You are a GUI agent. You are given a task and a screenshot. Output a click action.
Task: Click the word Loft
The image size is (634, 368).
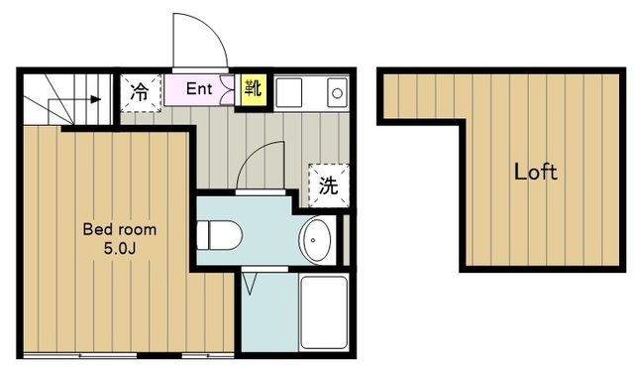coord(535,172)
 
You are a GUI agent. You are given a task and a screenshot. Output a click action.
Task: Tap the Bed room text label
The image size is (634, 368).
coord(119,228)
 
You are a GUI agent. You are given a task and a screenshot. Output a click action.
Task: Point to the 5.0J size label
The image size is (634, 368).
coord(119,247)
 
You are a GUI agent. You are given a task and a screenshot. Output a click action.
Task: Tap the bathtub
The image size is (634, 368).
coord(324,311)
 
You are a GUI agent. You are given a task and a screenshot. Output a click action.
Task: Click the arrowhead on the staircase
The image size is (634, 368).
coord(96,99)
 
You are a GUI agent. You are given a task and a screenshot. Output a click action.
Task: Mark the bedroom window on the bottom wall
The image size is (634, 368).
coord(129,354)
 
